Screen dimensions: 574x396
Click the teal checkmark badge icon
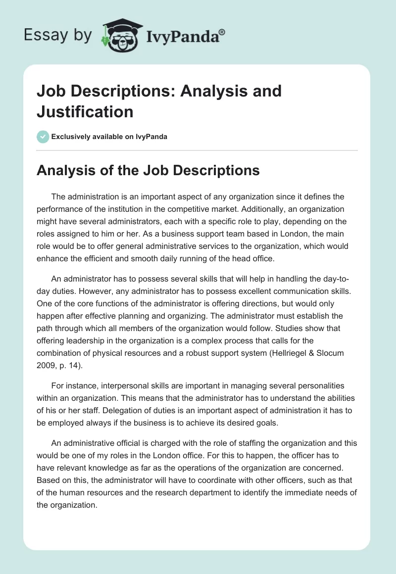click(x=43, y=137)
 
